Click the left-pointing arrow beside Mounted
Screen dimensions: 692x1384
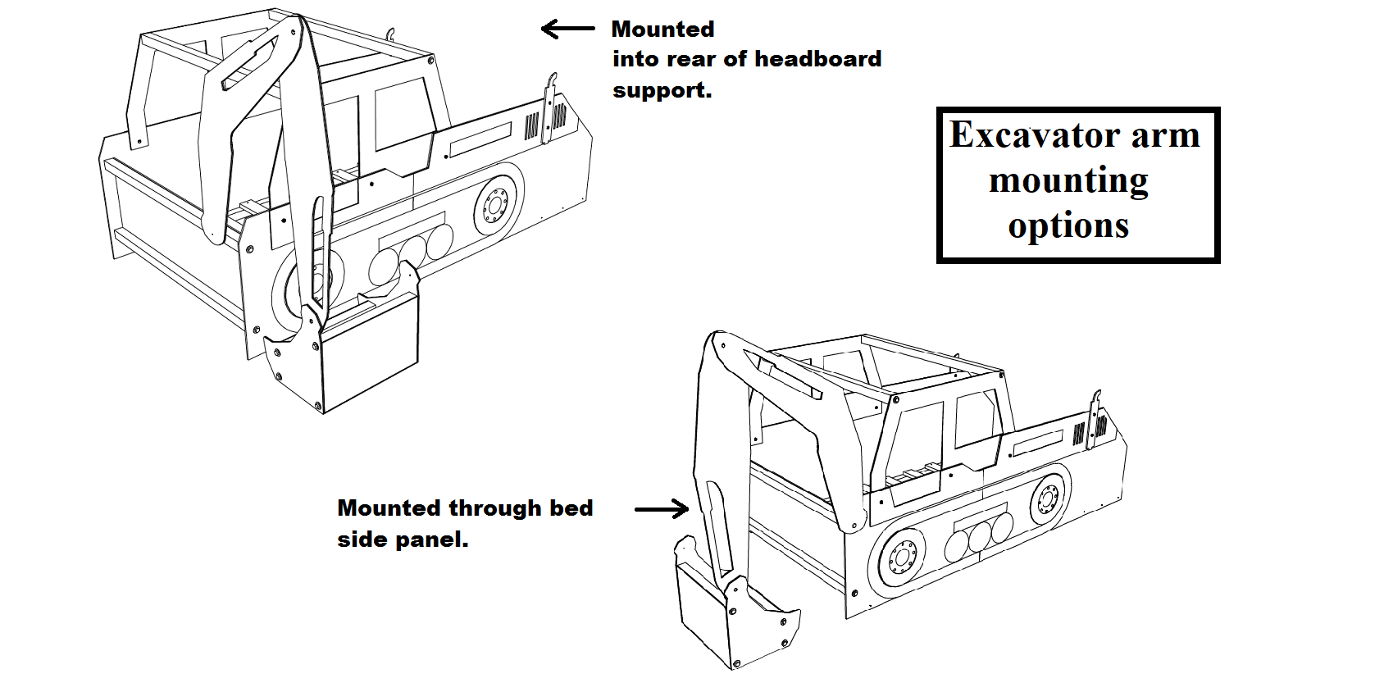pos(567,29)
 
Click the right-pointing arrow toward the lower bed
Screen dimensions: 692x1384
pos(662,509)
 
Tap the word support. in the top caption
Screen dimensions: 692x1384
pos(662,90)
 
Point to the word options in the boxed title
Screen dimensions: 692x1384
pos(1068,225)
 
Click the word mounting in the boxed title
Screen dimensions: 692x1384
pos(1068,181)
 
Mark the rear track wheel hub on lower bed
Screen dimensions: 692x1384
pos(1047,498)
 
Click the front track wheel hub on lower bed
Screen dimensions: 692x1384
pos(902,558)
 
